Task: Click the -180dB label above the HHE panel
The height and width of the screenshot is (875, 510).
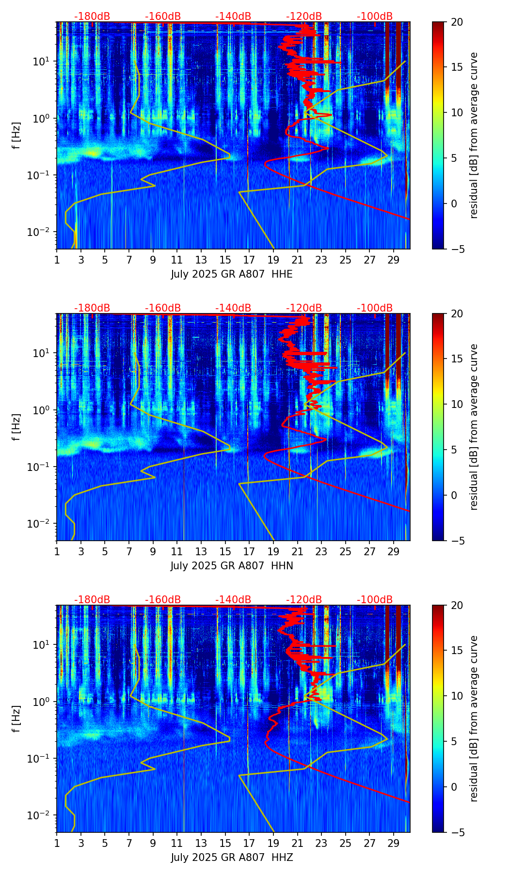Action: coord(92,16)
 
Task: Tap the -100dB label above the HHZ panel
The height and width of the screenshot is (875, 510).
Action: coord(375,600)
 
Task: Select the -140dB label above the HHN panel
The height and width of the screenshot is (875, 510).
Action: coord(233,308)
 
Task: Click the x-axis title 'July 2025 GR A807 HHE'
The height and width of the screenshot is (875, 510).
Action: coord(232,274)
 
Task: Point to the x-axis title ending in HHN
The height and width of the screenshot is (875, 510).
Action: coord(232,566)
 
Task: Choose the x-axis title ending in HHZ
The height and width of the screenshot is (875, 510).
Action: coord(232,858)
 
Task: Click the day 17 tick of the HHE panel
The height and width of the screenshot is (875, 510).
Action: coord(249,260)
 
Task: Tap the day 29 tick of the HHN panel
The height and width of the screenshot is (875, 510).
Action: coord(393,551)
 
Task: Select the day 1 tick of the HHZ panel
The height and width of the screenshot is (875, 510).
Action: coord(57,843)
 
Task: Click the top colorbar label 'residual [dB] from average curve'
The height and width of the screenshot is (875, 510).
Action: coord(474,135)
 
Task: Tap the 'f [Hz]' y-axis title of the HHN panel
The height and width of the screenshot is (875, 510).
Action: coord(16,427)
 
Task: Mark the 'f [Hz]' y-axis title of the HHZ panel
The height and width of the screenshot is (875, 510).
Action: coord(16,719)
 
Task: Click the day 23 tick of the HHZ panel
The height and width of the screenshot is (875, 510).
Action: coord(321,843)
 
